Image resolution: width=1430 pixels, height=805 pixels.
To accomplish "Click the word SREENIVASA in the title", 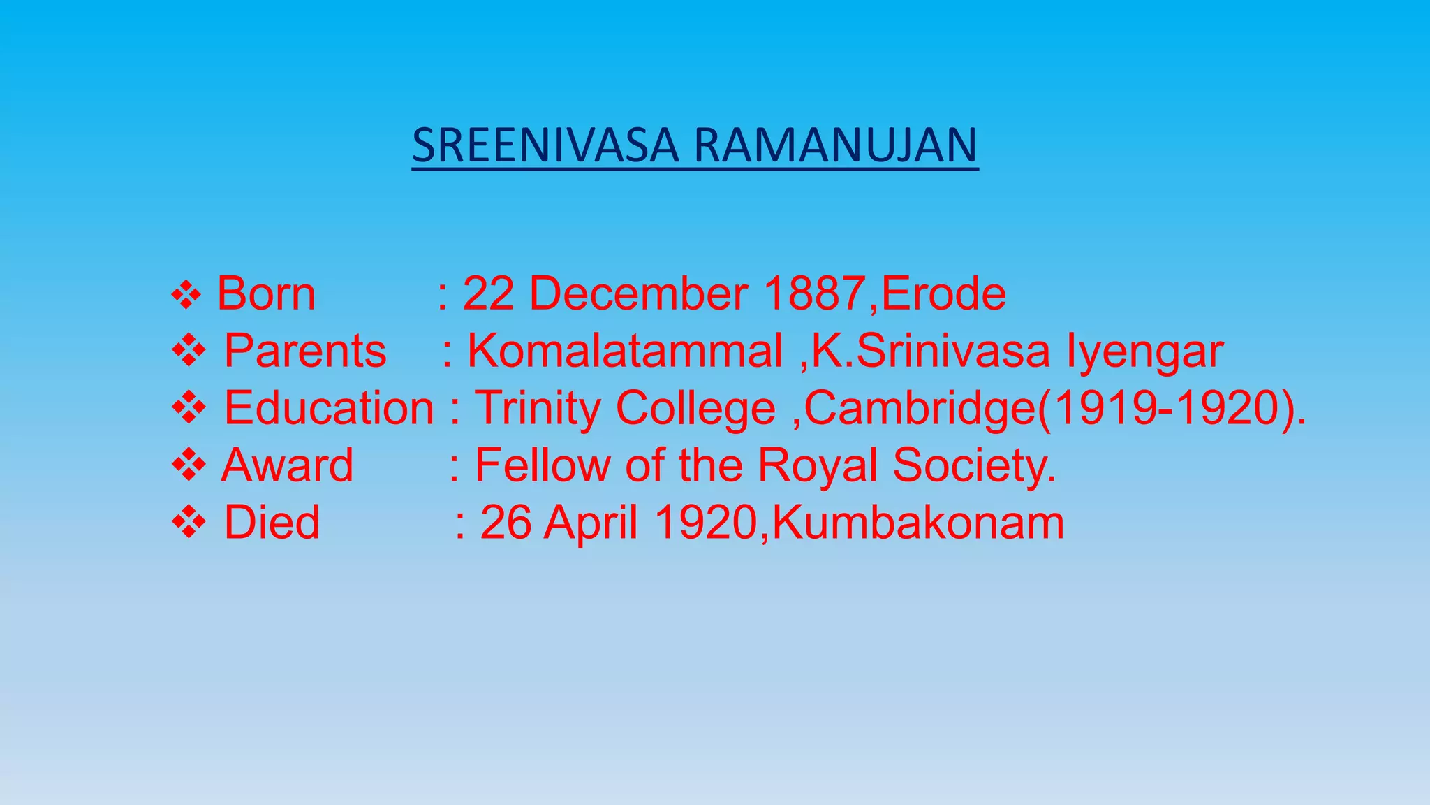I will coord(545,146).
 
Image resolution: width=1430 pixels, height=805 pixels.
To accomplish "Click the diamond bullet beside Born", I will coord(186,295).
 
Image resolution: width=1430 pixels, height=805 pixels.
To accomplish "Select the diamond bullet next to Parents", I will coord(189,351).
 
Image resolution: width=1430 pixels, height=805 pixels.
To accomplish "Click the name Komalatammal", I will coord(624,351).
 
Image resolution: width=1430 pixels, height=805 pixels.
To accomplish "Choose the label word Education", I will coord(328,408).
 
